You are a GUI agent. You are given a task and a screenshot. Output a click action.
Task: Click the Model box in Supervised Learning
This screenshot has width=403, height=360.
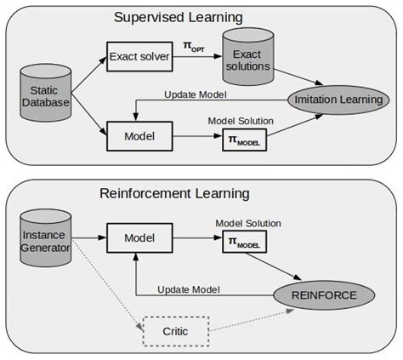(139, 134)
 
